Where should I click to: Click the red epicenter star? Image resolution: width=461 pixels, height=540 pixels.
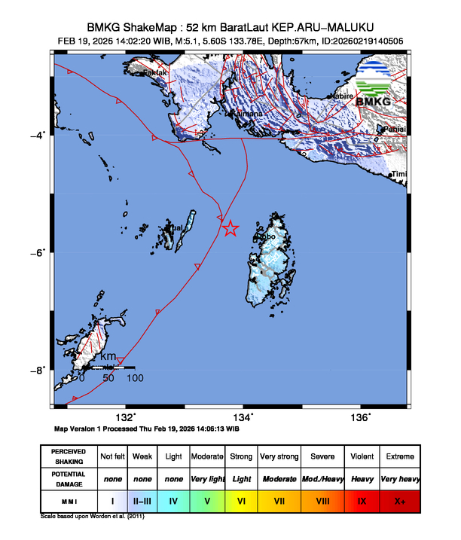(230, 228)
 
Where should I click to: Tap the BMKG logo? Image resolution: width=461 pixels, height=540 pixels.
(380, 85)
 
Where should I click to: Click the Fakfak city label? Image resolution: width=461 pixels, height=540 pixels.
(155, 72)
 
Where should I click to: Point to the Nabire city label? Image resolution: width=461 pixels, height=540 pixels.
(344, 96)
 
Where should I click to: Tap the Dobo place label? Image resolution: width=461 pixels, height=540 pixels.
(267, 236)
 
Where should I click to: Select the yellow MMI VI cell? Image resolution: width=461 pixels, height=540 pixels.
(241, 499)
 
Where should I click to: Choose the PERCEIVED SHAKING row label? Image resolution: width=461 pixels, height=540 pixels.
(68, 456)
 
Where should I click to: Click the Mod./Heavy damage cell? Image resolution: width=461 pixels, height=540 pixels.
(322, 478)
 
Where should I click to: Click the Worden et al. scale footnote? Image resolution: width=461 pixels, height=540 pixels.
(92, 517)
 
